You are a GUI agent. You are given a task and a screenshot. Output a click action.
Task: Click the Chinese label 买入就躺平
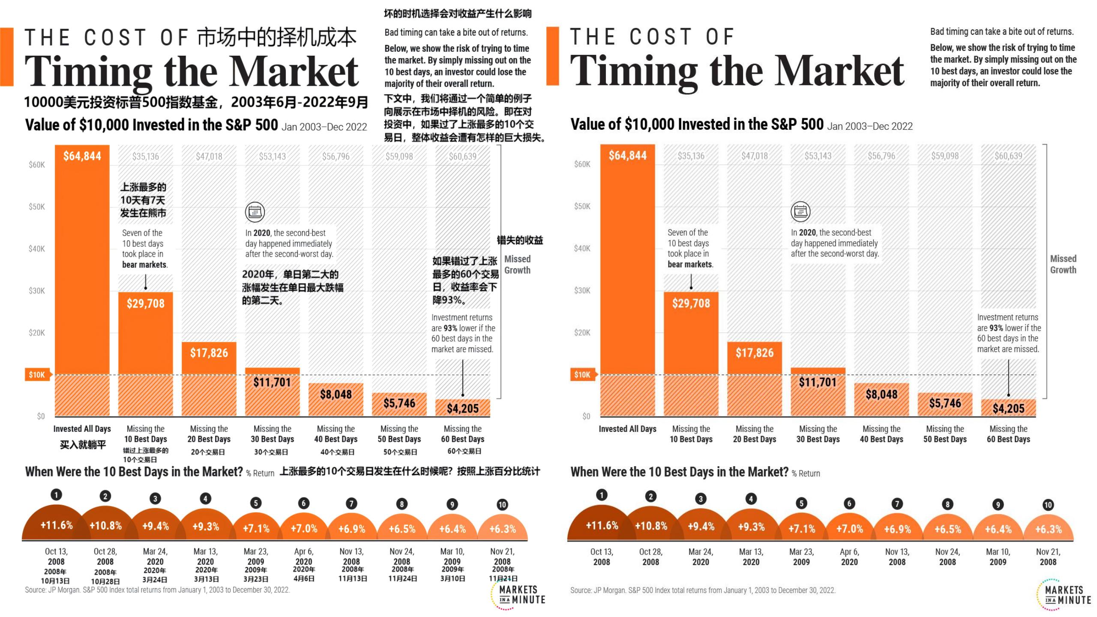(83, 445)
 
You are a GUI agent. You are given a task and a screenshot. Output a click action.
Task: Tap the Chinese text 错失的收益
(520, 240)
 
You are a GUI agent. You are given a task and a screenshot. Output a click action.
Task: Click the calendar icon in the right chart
(800, 211)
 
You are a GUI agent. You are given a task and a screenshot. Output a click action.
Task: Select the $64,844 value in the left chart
(82, 156)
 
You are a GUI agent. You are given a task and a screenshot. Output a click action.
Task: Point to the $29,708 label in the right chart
(691, 303)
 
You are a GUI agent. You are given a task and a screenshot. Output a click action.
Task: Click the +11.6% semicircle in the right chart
(602, 526)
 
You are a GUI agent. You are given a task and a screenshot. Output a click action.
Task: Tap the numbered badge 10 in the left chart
(502, 505)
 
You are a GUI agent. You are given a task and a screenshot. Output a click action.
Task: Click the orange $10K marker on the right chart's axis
(582, 375)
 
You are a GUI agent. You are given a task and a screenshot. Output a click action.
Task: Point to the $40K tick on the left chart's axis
(37, 249)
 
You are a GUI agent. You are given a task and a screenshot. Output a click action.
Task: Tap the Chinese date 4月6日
(304, 578)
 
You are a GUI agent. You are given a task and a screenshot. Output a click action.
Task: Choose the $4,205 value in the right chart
(1008, 408)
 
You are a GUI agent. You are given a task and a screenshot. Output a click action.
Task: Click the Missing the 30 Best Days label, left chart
(273, 434)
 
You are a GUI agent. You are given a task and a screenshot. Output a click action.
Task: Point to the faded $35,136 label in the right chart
(691, 156)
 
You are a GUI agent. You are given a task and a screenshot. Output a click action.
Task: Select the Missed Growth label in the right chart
(1063, 264)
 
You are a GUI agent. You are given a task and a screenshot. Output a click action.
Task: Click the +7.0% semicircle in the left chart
(304, 529)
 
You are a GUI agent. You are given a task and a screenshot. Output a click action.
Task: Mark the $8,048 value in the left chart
(336, 395)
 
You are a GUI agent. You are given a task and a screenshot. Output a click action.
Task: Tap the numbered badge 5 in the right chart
(801, 503)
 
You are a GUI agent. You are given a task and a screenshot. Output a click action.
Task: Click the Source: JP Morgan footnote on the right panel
(703, 590)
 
